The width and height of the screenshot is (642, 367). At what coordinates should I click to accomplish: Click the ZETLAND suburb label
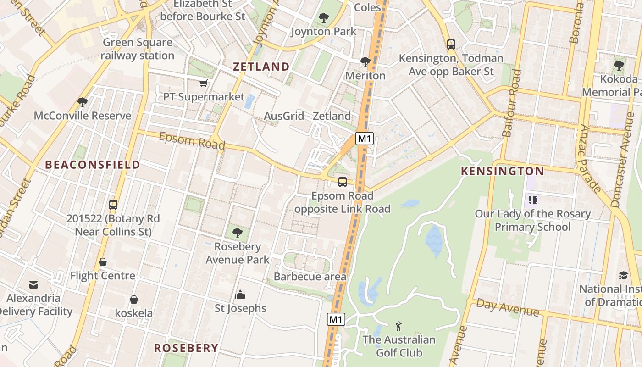click(261, 67)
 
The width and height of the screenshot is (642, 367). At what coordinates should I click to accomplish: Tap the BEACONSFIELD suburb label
click(92, 165)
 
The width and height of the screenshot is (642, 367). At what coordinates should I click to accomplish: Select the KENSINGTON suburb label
click(502, 172)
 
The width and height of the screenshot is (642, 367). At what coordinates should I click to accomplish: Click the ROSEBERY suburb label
click(186, 348)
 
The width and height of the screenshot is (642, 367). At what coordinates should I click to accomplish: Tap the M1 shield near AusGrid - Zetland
click(365, 139)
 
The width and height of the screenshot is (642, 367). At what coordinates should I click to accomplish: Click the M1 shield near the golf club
click(336, 319)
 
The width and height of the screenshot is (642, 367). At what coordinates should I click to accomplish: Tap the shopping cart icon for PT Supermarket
click(204, 83)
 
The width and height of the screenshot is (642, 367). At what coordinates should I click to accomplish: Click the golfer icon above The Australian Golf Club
click(398, 326)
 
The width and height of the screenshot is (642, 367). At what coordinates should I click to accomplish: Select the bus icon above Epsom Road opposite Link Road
click(343, 182)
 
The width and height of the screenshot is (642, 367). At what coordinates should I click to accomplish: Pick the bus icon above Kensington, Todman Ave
click(451, 44)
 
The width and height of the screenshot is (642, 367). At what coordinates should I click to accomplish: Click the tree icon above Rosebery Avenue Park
click(237, 233)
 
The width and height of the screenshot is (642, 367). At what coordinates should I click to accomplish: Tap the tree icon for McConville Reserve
click(83, 102)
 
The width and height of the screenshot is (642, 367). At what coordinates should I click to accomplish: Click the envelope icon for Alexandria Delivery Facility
click(33, 285)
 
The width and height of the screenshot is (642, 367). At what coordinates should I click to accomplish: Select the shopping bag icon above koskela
click(133, 300)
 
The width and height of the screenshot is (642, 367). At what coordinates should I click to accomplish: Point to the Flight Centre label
click(103, 276)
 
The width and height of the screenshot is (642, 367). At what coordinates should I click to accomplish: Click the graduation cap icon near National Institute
click(623, 275)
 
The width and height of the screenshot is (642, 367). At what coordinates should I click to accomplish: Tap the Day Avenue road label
click(507, 307)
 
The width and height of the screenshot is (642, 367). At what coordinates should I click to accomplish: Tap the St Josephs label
click(240, 308)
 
